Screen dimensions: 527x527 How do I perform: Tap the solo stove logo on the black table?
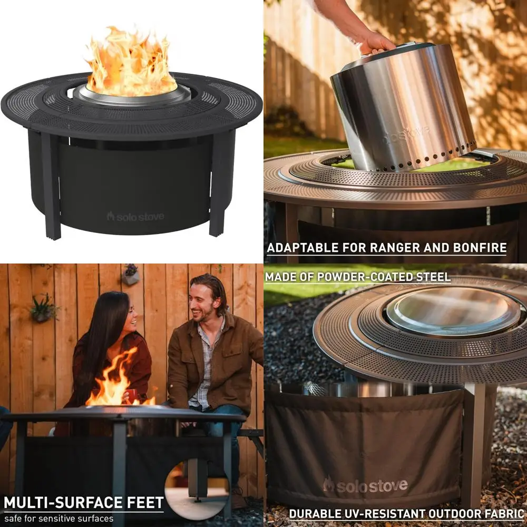135,217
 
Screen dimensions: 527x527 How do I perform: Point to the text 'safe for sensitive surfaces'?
58,518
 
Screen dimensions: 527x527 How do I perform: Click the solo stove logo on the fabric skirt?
365,485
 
